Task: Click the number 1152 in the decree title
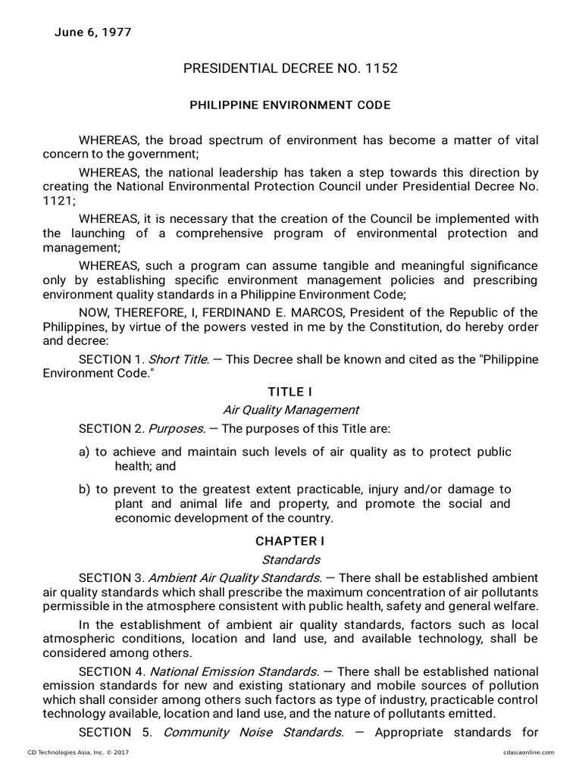pos(382,69)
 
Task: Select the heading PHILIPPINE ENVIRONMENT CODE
pos(290,105)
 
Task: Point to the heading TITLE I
pos(290,392)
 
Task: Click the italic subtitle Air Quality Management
pos(290,410)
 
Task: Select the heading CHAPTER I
pos(290,541)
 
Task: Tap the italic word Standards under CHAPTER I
pos(290,560)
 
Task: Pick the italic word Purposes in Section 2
pos(175,429)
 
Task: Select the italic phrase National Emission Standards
pos(233,671)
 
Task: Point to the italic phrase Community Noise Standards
pos(253,732)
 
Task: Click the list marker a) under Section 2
pos(84,452)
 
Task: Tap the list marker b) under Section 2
pos(84,489)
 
